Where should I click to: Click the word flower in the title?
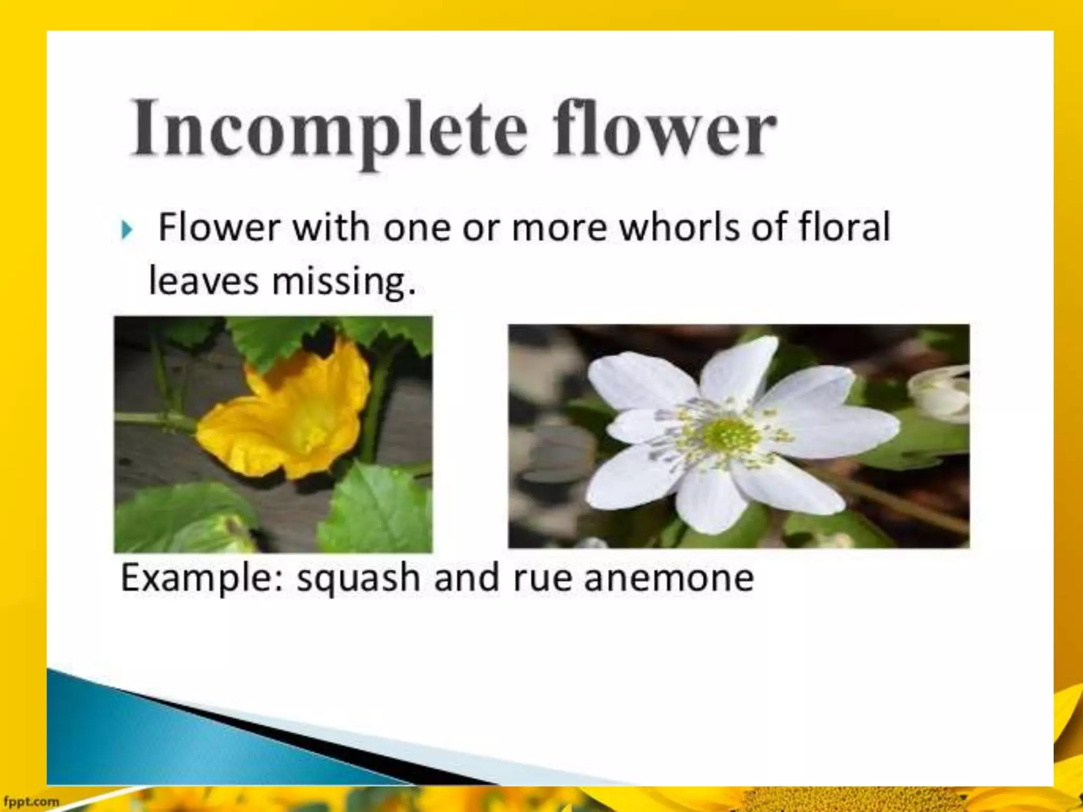tap(664, 130)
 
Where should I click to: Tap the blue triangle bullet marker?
tap(126, 230)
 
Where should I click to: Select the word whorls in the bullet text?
tap(680, 227)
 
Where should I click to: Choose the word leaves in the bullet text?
tap(204, 281)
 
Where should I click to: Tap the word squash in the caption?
tap(358, 578)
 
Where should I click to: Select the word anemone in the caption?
tap(669, 578)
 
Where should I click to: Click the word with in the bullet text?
tap(331, 227)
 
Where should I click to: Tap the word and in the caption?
tap(466, 578)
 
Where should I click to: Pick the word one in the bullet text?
tap(416, 227)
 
